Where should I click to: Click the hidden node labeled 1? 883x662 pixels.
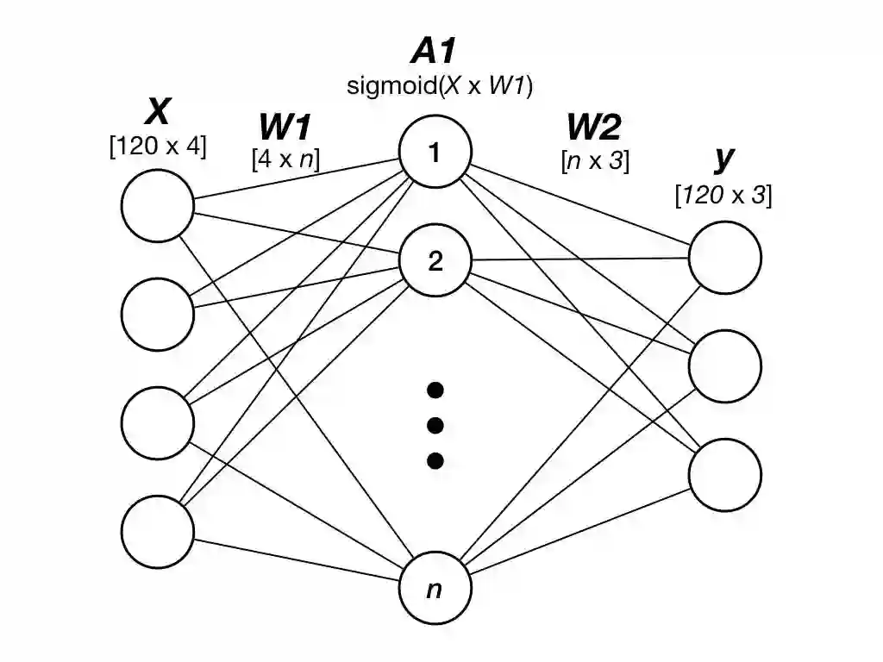(x=435, y=153)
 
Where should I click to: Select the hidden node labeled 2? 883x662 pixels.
(x=435, y=260)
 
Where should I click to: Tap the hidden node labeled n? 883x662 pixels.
(x=435, y=590)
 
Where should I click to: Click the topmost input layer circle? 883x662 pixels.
(x=158, y=207)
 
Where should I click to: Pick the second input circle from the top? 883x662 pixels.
(x=158, y=314)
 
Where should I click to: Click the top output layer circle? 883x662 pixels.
(x=724, y=257)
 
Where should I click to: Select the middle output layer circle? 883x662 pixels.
(x=724, y=365)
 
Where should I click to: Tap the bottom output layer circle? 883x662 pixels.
(x=724, y=474)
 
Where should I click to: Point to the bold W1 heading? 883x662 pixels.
(x=285, y=128)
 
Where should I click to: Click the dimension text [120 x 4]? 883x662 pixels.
(x=158, y=146)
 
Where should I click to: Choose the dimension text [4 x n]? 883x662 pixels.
(x=285, y=159)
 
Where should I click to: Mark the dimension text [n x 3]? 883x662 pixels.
(x=594, y=159)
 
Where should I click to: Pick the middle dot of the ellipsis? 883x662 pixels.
(x=435, y=425)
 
